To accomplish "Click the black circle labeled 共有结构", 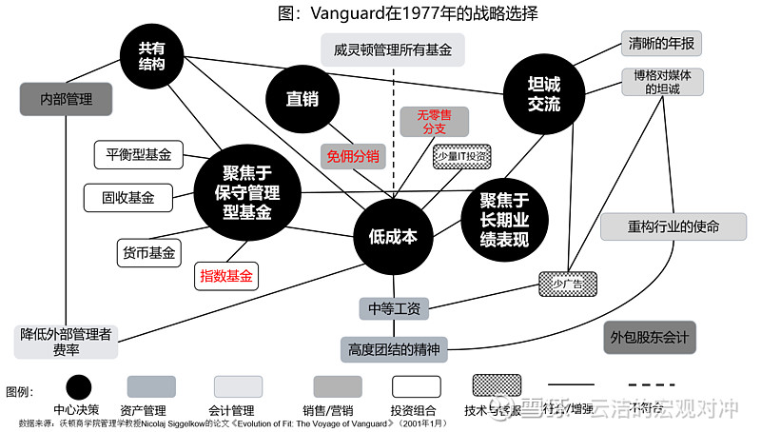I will pyautogui.click(x=151, y=53).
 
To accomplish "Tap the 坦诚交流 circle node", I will pyautogui.click(x=544, y=92).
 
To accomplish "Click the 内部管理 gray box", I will pyautogui.click(x=66, y=98).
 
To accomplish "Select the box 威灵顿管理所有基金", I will pyautogui.click(x=392, y=49).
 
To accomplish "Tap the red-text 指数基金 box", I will pyautogui.click(x=226, y=276).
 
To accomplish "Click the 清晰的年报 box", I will pyautogui.click(x=661, y=43).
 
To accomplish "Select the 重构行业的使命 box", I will pyautogui.click(x=673, y=227).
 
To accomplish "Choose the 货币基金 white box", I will pyautogui.click(x=148, y=253).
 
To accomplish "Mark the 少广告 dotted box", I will pyautogui.click(x=568, y=283).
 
